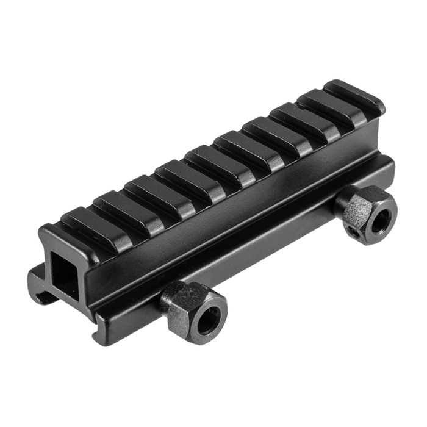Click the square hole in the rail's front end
tap(63, 272)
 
